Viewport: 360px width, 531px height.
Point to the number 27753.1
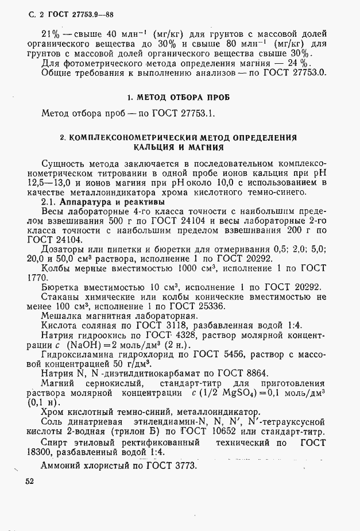[195, 113]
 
